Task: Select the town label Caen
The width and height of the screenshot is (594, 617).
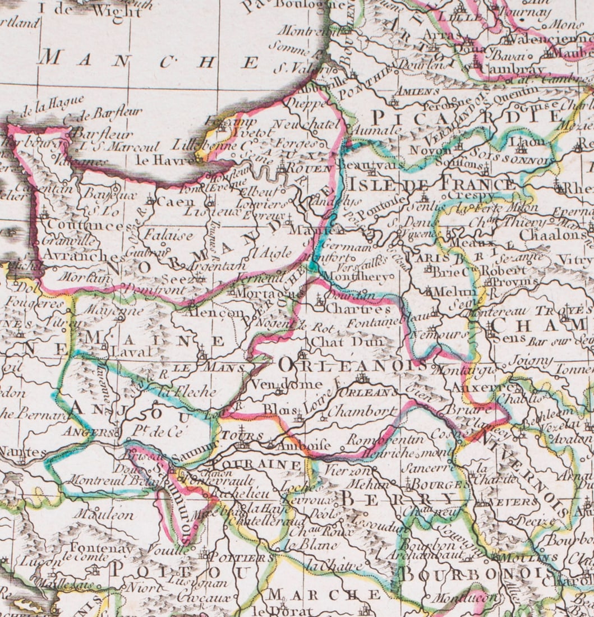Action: click(171, 201)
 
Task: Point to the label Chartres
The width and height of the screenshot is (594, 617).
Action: click(357, 308)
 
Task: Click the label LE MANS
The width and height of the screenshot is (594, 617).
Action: click(208, 367)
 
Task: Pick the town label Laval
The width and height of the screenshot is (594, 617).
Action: click(131, 352)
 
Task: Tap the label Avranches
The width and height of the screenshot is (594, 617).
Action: click(76, 255)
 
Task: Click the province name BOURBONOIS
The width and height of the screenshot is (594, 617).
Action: click(474, 574)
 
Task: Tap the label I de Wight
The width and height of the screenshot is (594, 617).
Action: click(89, 10)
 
